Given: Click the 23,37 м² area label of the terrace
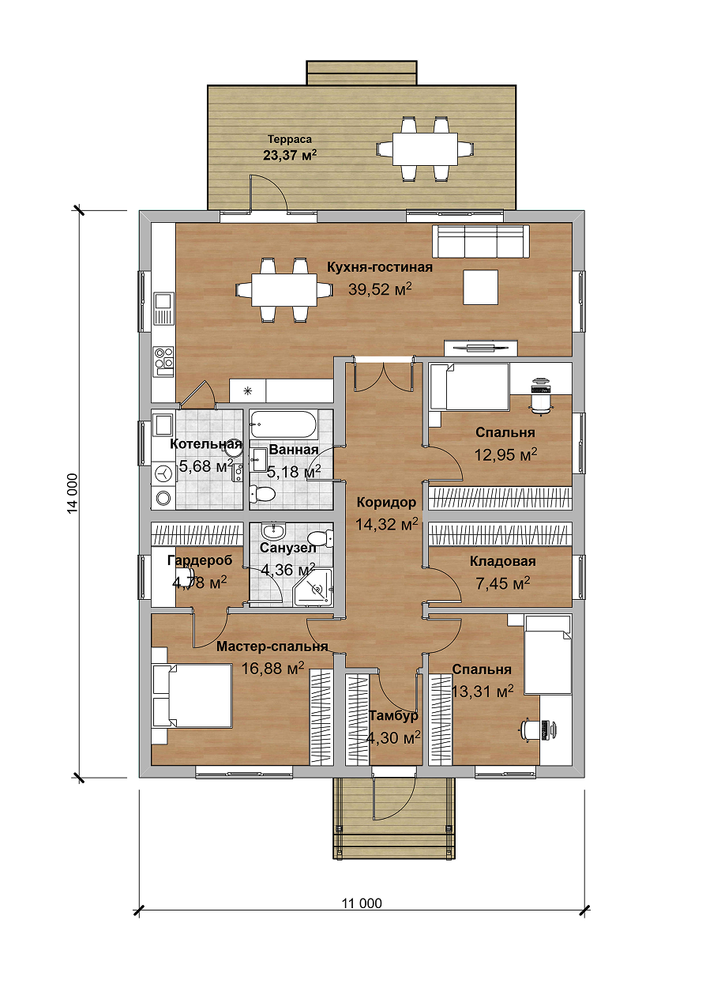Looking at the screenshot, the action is [290, 155].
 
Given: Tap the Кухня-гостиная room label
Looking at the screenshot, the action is [380, 267].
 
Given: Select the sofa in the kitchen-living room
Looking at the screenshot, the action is [483, 241].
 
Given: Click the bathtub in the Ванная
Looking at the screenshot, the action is [284, 424].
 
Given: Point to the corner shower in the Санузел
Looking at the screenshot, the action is [314, 587].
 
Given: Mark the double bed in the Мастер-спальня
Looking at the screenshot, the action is [192, 696].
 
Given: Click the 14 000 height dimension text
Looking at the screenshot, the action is [73, 493].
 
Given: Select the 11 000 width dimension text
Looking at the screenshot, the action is [362, 903].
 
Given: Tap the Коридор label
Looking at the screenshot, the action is [386, 502].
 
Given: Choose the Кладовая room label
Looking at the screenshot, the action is [503, 561].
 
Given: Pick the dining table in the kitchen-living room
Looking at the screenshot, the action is [284, 290].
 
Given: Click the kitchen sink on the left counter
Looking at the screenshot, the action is [163, 308].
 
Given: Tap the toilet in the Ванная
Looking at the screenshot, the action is [263, 494].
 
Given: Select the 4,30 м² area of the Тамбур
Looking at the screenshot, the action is [393, 737].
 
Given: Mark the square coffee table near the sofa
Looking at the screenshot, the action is [480, 288].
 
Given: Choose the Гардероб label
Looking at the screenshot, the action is [200, 560].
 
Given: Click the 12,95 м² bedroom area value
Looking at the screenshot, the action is [505, 455].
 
